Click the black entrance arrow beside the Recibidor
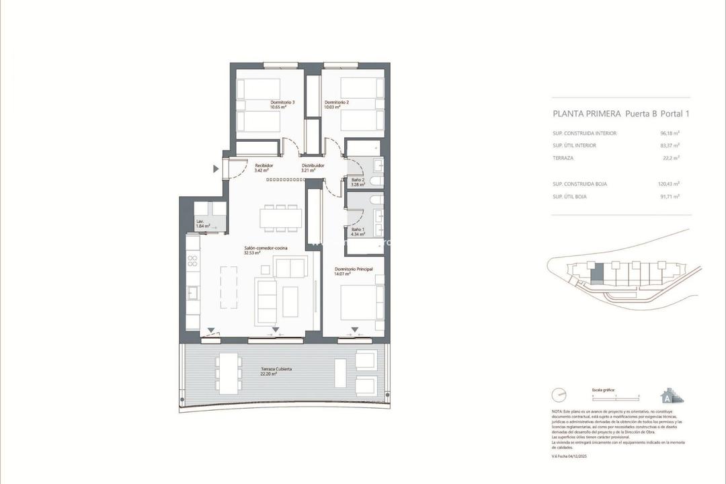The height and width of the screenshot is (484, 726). click(216, 169)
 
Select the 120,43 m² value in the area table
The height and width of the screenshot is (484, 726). click(668, 184)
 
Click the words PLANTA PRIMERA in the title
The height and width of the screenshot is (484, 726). click(586, 114)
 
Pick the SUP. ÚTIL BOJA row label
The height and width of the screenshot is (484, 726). click(569, 196)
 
